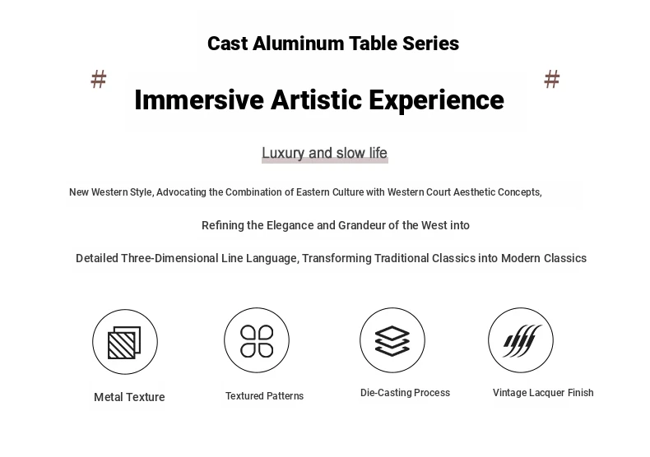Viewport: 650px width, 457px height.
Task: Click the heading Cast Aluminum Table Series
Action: pyautogui.click(x=333, y=44)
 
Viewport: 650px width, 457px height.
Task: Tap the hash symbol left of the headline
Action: pyautogui.click(x=99, y=79)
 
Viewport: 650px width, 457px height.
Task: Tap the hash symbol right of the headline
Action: pyautogui.click(x=552, y=79)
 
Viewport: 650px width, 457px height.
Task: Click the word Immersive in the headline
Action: pyautogui.click(x=199, y=99)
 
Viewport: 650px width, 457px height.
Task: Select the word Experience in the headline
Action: pyautogui.click(x=437, y=100)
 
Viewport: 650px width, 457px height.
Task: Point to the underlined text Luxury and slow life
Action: pyautogui.click(x=324, y=153)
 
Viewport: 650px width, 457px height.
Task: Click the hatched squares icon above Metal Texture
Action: pyautogui.click(x=124, y=342)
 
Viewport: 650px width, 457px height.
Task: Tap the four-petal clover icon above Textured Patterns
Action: pyautogui.click(x=257, y=340)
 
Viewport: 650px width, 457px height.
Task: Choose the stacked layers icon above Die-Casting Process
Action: pyautogui.click(x=392, y=340)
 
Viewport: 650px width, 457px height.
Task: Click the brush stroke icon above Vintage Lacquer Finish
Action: pyautogui.click(x=522, y=340)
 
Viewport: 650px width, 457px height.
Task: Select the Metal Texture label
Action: pyautogui.click(x=129, y=397)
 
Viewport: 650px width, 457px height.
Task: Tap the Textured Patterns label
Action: pyautogui.click(x=264, y=395)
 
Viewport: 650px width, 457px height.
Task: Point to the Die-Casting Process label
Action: pyautogui.click(x=405, y=392)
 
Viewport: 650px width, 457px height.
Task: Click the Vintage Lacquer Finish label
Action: pyautogui.click(x=543, y=392)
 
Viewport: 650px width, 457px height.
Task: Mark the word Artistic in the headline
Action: pyautogui.click(x=316, y=99)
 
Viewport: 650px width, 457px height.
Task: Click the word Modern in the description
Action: pyautogui.click(x=521, y=258)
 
